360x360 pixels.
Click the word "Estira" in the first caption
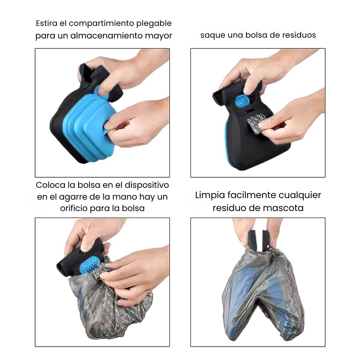tap(46, 23)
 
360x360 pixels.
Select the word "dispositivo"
tap(147, 185)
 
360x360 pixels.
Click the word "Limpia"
tap(210, 195)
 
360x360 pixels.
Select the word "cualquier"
tap(300, 195)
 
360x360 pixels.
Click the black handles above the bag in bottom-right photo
tap(258, 240)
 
